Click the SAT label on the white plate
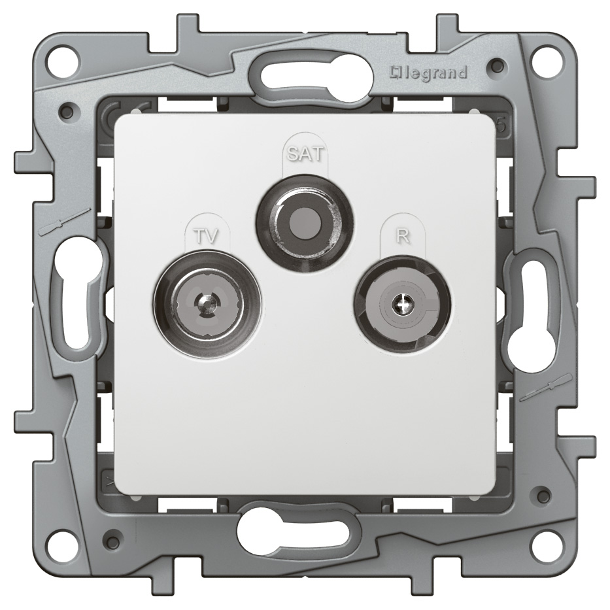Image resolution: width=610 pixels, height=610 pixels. point(305,154)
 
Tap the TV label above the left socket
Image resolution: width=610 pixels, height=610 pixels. point(206,236)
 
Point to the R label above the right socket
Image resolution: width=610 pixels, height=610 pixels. point(403,237)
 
